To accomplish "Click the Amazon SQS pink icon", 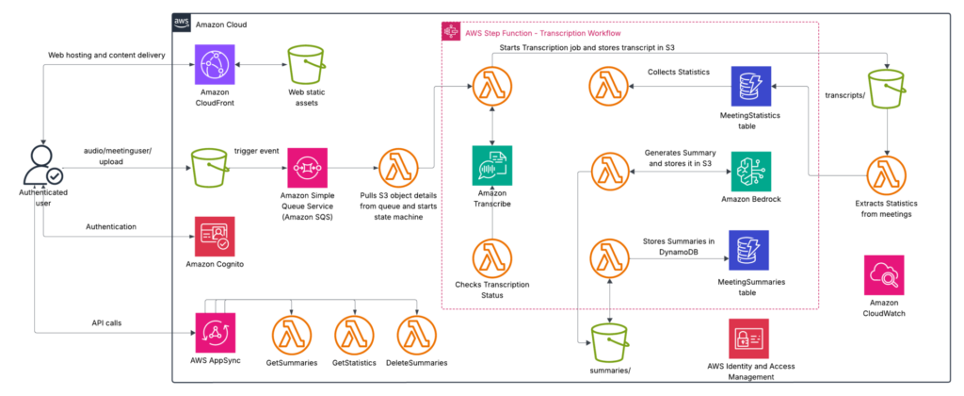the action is tap(307, 167).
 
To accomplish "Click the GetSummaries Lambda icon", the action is tap(292, 334).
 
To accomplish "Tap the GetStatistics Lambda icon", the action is tap(354, 334).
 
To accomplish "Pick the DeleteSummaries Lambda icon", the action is tap(417, 334).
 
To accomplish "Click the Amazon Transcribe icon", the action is tap(491, 165).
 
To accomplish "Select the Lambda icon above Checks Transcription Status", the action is tap(491, 258).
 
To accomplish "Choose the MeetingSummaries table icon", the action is tap(747, 251).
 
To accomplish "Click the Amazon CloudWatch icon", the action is tap(884, 274).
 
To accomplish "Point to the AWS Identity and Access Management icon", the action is tap(748, 338).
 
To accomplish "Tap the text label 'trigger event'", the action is tap(258, 152).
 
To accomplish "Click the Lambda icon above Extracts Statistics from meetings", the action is tap(887, 175).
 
